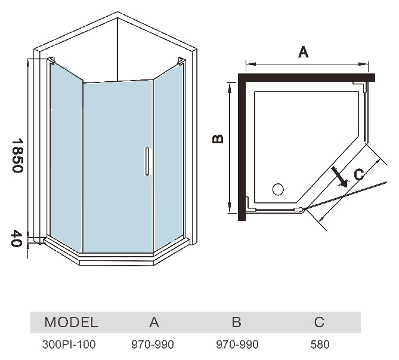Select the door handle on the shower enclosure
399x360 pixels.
(x=146, y=162)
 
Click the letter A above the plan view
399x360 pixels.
(x=303, y=53)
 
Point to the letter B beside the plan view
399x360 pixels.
(x=219, y=139)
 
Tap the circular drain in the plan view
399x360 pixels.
(x=278, y=190)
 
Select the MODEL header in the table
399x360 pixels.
(x=71, y=323)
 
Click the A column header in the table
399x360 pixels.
(x=154, y=323)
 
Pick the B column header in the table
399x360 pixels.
(x=236, y=323)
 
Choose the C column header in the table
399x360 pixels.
(x=319, y=323)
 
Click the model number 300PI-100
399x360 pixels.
(x=69, y=344)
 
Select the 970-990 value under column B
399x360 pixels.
(x=236, y=344)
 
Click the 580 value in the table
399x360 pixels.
(x=320, y=344)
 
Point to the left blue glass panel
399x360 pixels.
(x=64, y=155)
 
